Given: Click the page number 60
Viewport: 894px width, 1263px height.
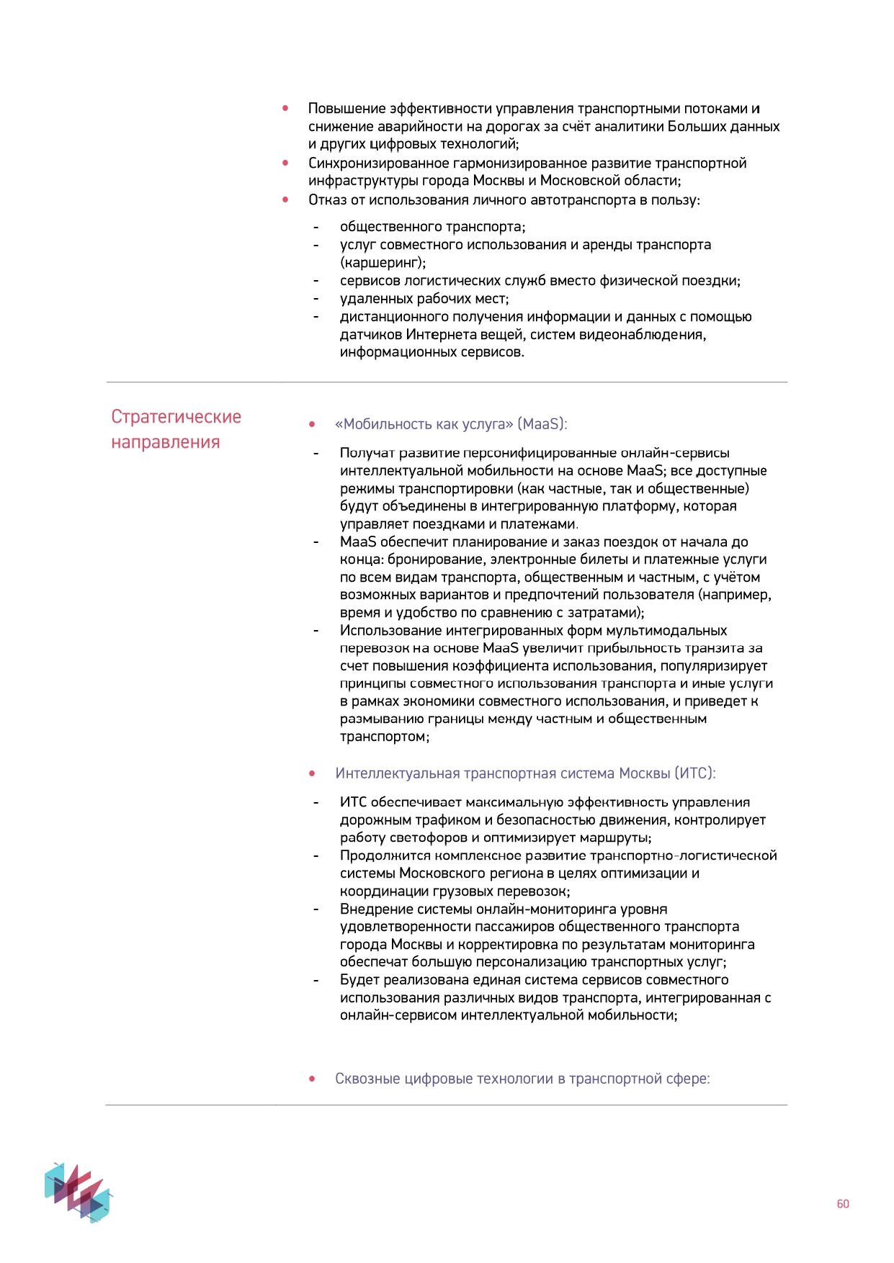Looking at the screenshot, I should pyautogui.click(x=842, y=1204).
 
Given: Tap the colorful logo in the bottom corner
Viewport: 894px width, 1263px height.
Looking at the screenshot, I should pyautogui.click(x=78, y=1192).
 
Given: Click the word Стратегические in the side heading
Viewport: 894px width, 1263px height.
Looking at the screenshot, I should pyautogui.click(x=176, y=417).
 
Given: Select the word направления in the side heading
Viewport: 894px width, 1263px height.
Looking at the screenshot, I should pyautogui.click(x=165, y=442).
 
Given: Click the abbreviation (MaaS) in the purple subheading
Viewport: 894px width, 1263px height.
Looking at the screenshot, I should pyautogui.click(x=542, y=424).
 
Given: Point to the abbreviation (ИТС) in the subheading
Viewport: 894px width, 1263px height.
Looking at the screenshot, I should pyautogui.click(x=694, y=773).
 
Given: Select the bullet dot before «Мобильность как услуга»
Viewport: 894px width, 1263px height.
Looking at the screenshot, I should pyautogui.click(x=312, y=424).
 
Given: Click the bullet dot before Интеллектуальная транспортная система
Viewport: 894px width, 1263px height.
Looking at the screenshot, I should pyautogui.click(x=312, y=773).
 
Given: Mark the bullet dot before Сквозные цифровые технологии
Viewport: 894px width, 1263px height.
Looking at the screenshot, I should pyautogui.click(x=312, y=1079).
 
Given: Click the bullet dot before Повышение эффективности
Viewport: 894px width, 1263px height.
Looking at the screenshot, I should pyautogui.click(x=286, y=109).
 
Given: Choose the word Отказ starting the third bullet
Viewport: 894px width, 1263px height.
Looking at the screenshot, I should pyautogui.click(x=327, y=200).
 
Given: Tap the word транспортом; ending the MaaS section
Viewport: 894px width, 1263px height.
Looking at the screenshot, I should pyautogui.click(x=385, y=737).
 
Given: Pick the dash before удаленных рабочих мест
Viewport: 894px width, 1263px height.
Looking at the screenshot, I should pyautogui.click(x=316, y=299).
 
